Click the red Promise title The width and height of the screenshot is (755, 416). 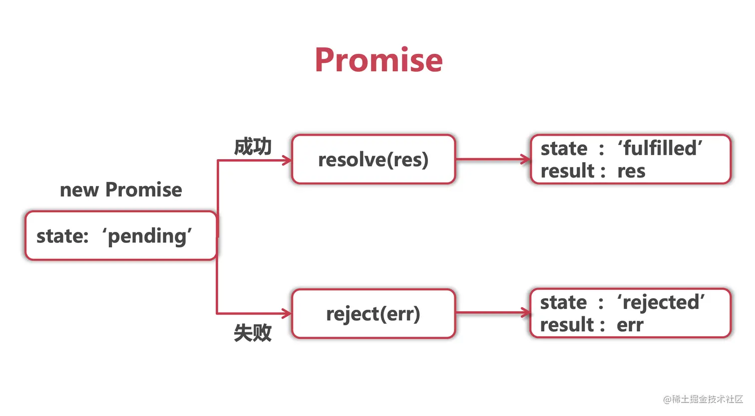(x=378, y=60)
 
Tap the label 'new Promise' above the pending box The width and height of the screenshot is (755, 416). (x=121, y=190)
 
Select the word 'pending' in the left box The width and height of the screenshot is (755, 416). (x=148, y=236)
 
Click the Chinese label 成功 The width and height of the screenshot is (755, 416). (x=253, y=147)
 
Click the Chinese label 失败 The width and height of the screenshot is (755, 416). (x=253, y=333)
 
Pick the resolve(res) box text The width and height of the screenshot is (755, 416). (x=374, y=160)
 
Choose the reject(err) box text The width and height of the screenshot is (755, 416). (x=374, y=314)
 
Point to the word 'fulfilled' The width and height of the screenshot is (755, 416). (x=660, y=148)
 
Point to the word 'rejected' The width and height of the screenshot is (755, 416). (x=661, y=302)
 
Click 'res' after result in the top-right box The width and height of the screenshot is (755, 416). (x=631, y=172)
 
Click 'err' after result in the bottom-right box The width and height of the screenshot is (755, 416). (x=630, y=326)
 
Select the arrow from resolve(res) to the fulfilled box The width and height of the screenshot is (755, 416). (x=492, y=160)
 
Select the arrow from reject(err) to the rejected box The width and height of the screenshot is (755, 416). (x=492, y=313)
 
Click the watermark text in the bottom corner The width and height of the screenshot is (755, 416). (x=703, y=399)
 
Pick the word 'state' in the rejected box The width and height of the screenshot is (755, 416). (x=563, y=303)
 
